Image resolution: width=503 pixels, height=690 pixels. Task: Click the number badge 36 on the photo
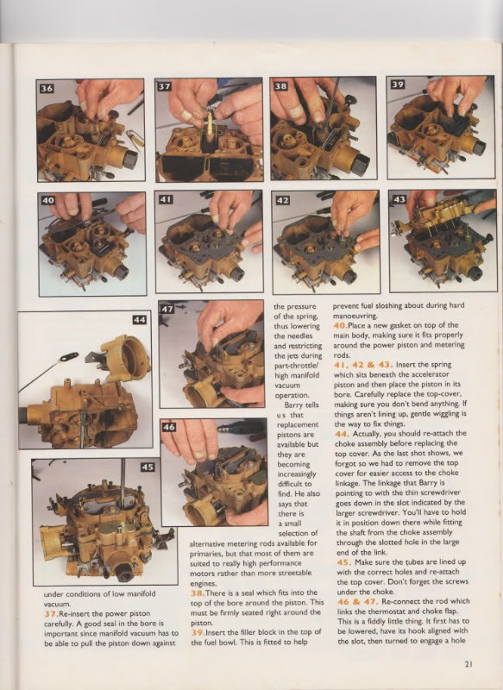[47, 89]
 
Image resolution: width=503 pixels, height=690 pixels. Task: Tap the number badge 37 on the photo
[164, 87]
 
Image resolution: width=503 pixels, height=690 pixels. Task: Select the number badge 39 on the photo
[398, 85]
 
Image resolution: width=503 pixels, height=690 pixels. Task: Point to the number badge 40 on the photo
[48, 200]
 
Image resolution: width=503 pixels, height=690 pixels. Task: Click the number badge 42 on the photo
[282, 200]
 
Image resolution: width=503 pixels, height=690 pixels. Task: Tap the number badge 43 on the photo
[399, 199]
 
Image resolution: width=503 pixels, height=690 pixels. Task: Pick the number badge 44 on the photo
[140, 320]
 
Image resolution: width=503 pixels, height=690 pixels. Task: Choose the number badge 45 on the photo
[148, 467]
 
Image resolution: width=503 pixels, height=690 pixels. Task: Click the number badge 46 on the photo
[169, 427]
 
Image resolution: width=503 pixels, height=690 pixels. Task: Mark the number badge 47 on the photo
[167, 309]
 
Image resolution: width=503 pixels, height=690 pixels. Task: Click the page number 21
[468, 664]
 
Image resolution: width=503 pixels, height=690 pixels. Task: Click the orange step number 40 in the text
[340, 325]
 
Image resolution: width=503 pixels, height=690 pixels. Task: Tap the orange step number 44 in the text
[342, 434]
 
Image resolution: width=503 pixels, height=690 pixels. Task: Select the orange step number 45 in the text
[343, 562]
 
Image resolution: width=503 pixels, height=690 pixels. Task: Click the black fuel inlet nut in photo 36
[129, 158]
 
